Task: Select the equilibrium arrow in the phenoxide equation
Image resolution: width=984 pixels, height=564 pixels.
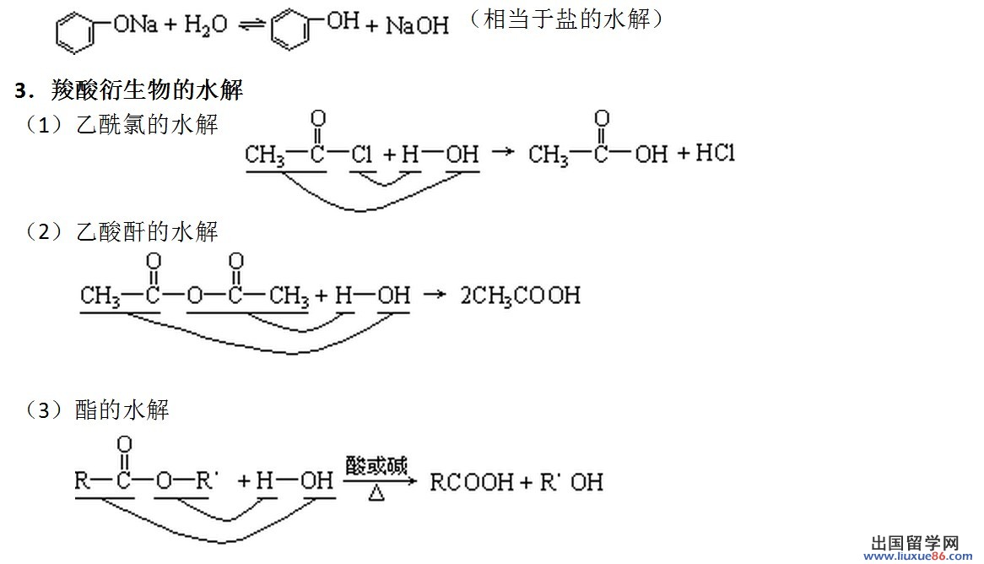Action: pyautogui.click(x=249, y=26)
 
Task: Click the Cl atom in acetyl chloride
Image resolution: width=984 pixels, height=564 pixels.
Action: pyautogui.click(x=362, y=155)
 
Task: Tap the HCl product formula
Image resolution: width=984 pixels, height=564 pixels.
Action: pyautogui.click(x=716, y=154)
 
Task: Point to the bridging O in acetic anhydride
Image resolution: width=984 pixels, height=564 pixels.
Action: pyautogui.click(x=195, y=296)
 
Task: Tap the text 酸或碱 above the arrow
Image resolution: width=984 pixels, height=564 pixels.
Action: pyautogui.click(x=376, y=465)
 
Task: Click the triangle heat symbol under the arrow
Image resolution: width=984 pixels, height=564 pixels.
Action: pyautogui.click(x=376, y=492)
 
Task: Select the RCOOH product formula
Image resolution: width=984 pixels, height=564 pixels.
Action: pyautogui.click(x=472, y=482)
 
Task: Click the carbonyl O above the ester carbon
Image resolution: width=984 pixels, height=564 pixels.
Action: pyautogui.click(x=124, y=443)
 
